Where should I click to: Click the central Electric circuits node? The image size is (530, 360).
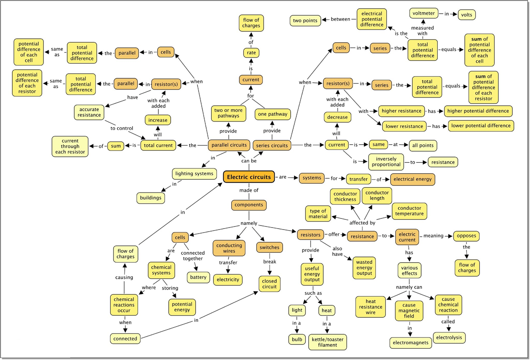point(249,177)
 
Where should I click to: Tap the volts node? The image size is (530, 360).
point(466,14)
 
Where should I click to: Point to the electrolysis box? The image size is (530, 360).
point(449,337)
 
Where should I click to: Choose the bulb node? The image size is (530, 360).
point(297,339)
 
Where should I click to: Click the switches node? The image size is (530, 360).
point(269,247)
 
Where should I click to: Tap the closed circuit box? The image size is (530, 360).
point(269,284)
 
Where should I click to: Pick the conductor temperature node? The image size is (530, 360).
point(409,211)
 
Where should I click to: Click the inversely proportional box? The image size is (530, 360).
point(385,162)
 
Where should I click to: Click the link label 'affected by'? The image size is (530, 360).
point(362,222)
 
